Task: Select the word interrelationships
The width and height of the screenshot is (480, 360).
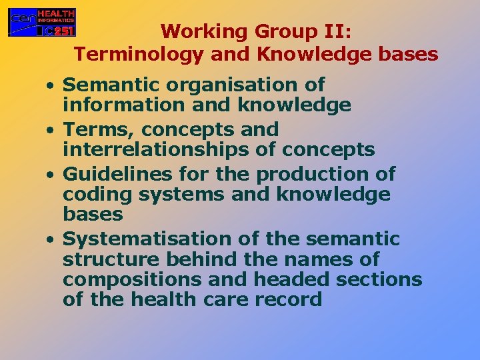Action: (158, 149)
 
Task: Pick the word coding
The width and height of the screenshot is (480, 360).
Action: (92, 195)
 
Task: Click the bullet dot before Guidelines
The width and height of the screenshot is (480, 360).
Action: (50, 175)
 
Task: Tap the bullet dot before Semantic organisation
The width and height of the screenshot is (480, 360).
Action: (50, 86)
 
